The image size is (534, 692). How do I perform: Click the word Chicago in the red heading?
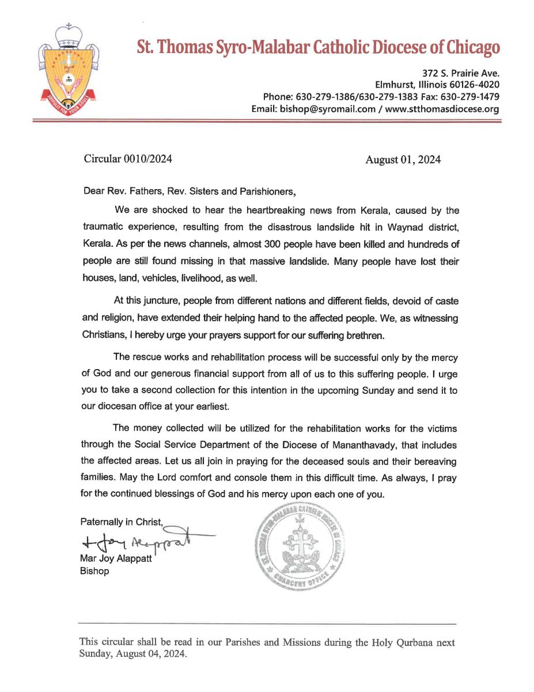[x=469, y=48]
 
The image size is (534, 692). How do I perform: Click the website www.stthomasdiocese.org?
[x=442, y=109]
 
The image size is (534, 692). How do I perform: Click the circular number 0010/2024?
[x=147, y=159]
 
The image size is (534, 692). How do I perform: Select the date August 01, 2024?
[x=403, y=160]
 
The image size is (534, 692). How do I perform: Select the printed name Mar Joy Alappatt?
[x=115, y=559]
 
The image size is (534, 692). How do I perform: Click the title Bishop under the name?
[x=94, y=571]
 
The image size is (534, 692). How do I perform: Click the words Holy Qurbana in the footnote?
[x=411, y=642]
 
